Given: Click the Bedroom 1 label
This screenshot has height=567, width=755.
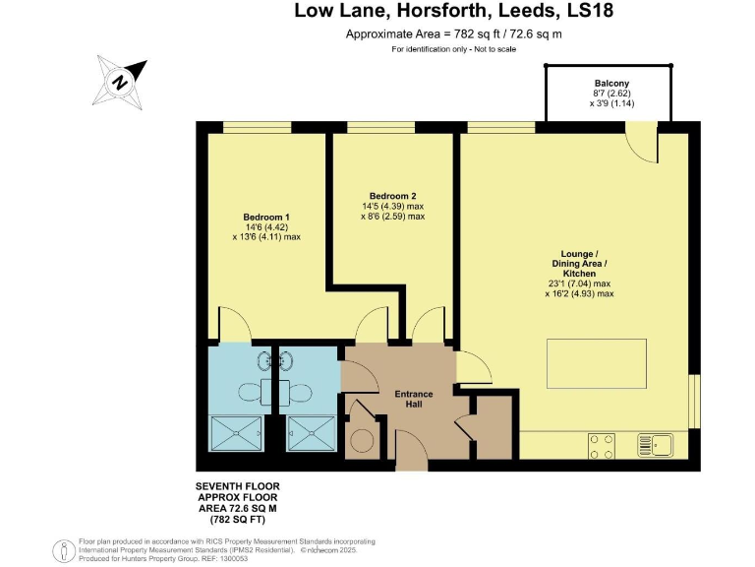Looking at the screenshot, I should (260, 217).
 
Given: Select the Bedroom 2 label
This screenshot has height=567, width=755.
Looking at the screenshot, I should (392, 195).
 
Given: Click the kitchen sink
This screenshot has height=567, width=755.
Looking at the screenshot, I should (655, 445).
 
